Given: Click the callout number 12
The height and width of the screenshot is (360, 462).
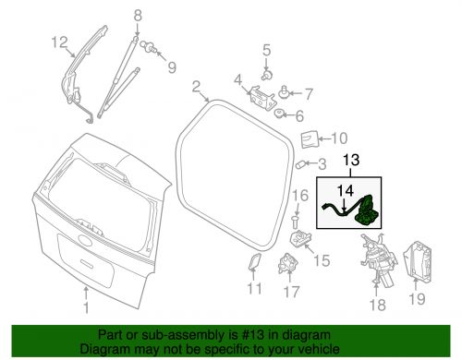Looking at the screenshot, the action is (59, 42).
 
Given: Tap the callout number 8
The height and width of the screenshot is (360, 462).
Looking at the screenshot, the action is (138, 16).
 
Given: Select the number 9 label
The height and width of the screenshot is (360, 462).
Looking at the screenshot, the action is (172, 67).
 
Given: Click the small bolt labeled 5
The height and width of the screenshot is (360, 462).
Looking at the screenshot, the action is (267, 75).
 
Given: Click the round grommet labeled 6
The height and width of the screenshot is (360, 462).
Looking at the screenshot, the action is (279, 114).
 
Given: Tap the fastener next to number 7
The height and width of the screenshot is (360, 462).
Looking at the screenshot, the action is (284, 91).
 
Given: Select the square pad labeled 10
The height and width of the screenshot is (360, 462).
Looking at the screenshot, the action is (310, 139).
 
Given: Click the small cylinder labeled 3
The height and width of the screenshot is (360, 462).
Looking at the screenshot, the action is (300, 165).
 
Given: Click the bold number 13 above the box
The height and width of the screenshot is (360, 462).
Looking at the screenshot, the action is (351, 160).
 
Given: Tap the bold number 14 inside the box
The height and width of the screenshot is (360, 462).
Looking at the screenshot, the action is (345, 191).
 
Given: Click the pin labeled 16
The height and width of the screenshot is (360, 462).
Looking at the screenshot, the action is (296, 222).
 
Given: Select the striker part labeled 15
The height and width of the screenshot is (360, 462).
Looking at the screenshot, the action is (301, 239).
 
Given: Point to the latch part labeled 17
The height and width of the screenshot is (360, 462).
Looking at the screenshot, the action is (288, 263).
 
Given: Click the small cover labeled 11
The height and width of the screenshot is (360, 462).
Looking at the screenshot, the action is (255, 261).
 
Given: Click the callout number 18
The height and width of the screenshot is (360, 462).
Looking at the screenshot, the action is (377, 305).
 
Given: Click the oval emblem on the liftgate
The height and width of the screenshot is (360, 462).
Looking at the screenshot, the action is (85, 239).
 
